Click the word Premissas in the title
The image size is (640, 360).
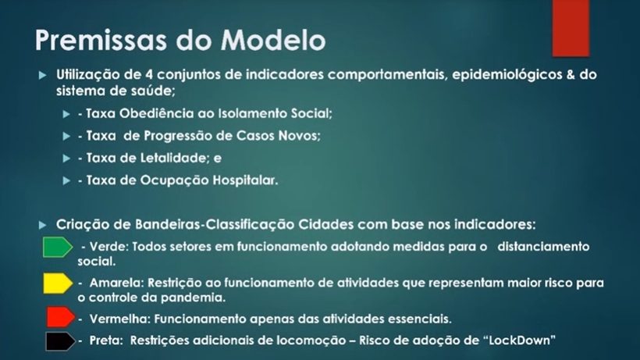point(101,40)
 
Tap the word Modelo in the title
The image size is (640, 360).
point(273,40)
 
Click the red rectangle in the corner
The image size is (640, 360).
point(571,28)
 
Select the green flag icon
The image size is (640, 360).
point(58,248)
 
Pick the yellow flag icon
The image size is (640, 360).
point(58,283)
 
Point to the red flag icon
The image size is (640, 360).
point(61,317)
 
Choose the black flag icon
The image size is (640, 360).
point(60,341)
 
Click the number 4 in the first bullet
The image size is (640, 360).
point(149,75)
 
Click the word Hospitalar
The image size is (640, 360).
point(245,180)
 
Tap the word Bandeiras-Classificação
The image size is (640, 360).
point(215,224)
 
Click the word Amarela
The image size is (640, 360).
point(117,283)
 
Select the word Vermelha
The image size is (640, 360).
point(120,319)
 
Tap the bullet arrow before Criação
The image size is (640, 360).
point(43,225)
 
